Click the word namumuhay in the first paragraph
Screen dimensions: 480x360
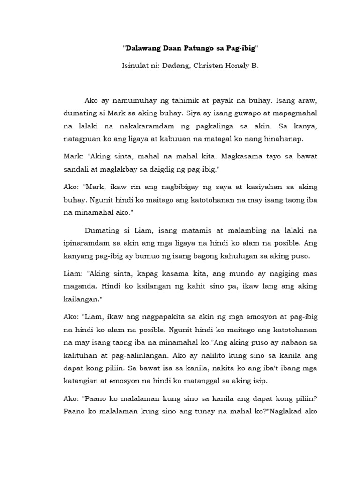coord(135,101)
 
